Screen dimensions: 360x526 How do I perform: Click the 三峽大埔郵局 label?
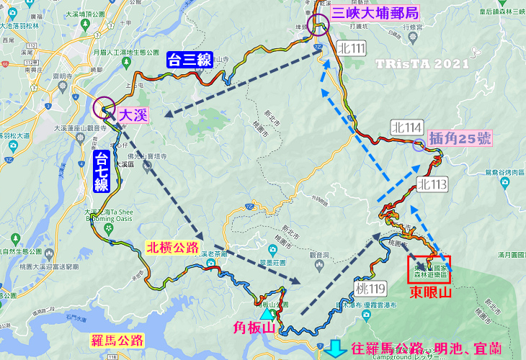click(375, 12)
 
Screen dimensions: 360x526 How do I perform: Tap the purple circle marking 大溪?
click(104, 109)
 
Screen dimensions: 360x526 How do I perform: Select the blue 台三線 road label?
click(190, 60)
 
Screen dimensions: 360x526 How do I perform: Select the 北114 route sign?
click(406, 127)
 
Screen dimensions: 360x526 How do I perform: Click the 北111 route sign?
click(350, 48)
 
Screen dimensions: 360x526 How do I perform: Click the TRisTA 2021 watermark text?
click(422, 63)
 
